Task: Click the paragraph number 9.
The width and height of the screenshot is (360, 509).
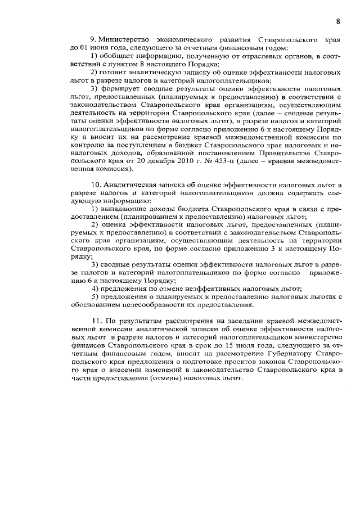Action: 92,41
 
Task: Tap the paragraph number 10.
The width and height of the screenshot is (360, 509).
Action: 94,184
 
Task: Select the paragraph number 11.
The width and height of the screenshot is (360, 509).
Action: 94,320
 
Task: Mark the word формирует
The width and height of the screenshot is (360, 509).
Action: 123,89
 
